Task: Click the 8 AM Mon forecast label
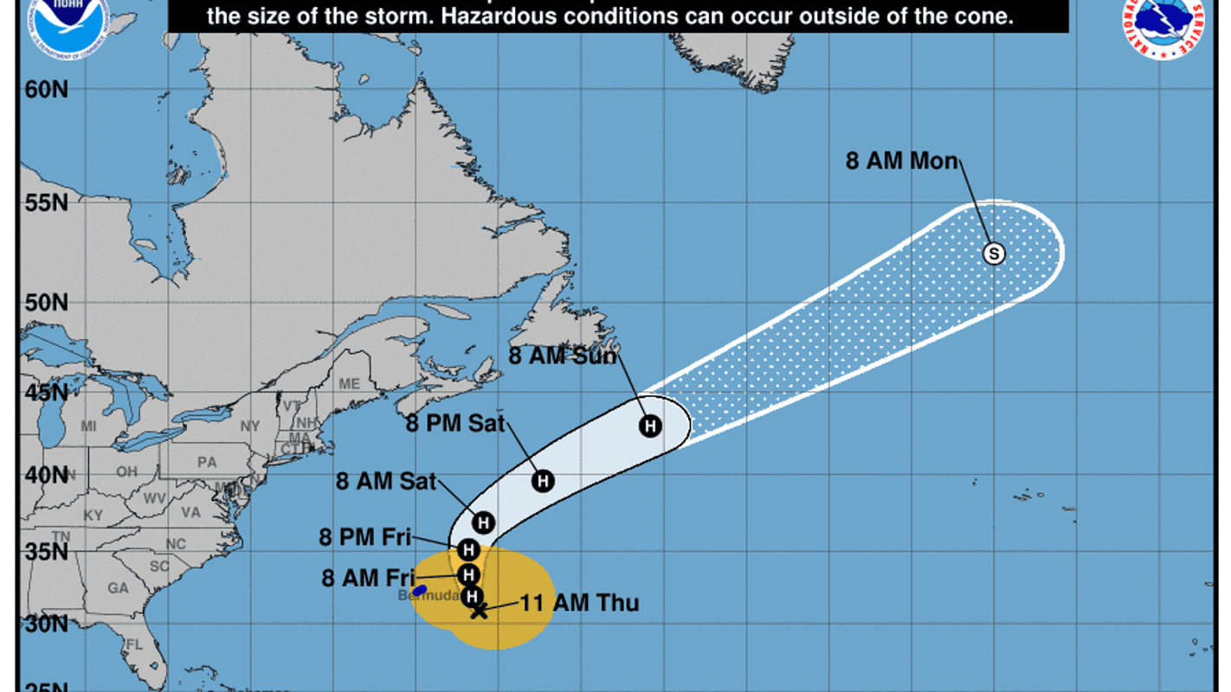[x=901, y=161]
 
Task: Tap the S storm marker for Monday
[x=995, y=253]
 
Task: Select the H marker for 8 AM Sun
[x=650, y=426]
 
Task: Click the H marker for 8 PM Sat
[x=543, y=481]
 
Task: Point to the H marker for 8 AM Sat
[x=483, y=522]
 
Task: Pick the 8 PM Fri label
[x=364, y=537]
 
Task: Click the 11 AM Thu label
[x=579, y=603]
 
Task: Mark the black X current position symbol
[x=479, y=611]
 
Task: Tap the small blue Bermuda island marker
[x=420, y=590]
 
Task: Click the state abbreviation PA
[x=207, y=462]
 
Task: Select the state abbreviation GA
[x=118, y=587]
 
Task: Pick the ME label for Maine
[x=349, y=383]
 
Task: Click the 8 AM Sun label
[x=563, y=356]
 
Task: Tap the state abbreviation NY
[x=250, y=426]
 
